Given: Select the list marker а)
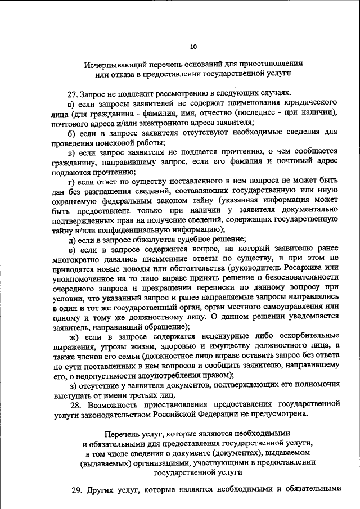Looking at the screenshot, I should coord(71,104).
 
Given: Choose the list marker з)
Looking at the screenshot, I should coord(71,386).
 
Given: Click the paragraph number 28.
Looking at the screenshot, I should coord(75,405).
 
